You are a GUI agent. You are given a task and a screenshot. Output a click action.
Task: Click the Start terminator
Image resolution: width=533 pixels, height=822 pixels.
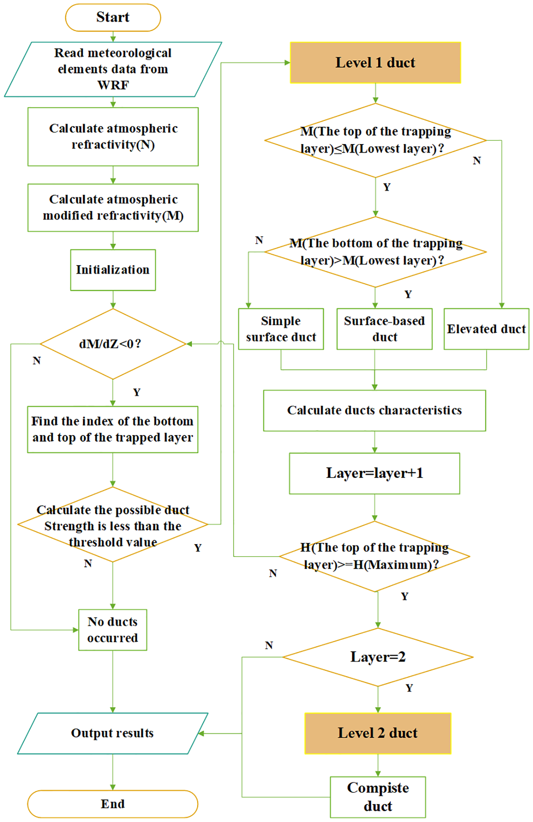tap(113, 18)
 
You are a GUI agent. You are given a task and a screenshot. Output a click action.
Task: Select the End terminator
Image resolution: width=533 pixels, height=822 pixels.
tap(113, 804)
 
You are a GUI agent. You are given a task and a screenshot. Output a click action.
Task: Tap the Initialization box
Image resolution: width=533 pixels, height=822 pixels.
tap(113, 270)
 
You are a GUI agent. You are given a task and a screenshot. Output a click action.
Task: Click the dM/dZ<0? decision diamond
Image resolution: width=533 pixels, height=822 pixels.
tap(113, 343)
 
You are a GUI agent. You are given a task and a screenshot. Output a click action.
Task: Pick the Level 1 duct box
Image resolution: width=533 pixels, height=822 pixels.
tap(375, 62)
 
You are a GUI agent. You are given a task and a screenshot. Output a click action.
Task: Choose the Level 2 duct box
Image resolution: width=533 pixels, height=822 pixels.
tap(377, 733)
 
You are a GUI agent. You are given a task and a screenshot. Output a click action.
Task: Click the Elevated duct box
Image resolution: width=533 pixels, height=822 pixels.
tap(486, 329)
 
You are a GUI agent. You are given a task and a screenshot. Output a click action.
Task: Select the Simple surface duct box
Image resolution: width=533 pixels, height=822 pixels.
tap(281, 329)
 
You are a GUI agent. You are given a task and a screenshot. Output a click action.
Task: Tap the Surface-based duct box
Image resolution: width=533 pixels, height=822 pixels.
tap(384, 329)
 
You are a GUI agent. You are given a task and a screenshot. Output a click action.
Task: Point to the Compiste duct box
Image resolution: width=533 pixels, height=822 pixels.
tap(377, 797)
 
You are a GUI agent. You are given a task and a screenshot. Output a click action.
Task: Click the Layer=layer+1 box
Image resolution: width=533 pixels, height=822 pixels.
tap(374, 473)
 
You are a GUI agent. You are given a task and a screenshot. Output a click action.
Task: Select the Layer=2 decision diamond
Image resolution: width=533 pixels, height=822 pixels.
tap(377, 657)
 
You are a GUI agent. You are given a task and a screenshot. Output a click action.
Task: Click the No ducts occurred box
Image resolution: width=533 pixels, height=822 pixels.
tap(112, 630)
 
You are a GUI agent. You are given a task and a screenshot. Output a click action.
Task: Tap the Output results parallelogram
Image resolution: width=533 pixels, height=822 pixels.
tap(112, 733)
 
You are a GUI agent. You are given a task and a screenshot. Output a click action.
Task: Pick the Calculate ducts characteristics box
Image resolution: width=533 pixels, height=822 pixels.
tap(374, 410)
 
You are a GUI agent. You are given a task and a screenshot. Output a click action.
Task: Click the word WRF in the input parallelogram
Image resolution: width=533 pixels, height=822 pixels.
tap(113, 85)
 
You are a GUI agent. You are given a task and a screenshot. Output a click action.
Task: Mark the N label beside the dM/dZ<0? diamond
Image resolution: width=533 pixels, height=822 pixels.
tap(37, 361)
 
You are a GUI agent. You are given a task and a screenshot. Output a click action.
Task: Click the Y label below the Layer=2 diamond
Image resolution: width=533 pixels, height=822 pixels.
tap(409, 688)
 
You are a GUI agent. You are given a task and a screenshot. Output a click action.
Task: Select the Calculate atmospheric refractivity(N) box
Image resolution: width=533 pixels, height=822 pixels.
tap(113, 136)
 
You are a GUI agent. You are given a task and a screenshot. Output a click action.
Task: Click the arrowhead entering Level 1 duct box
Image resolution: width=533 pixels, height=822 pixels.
tap(287, 62)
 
